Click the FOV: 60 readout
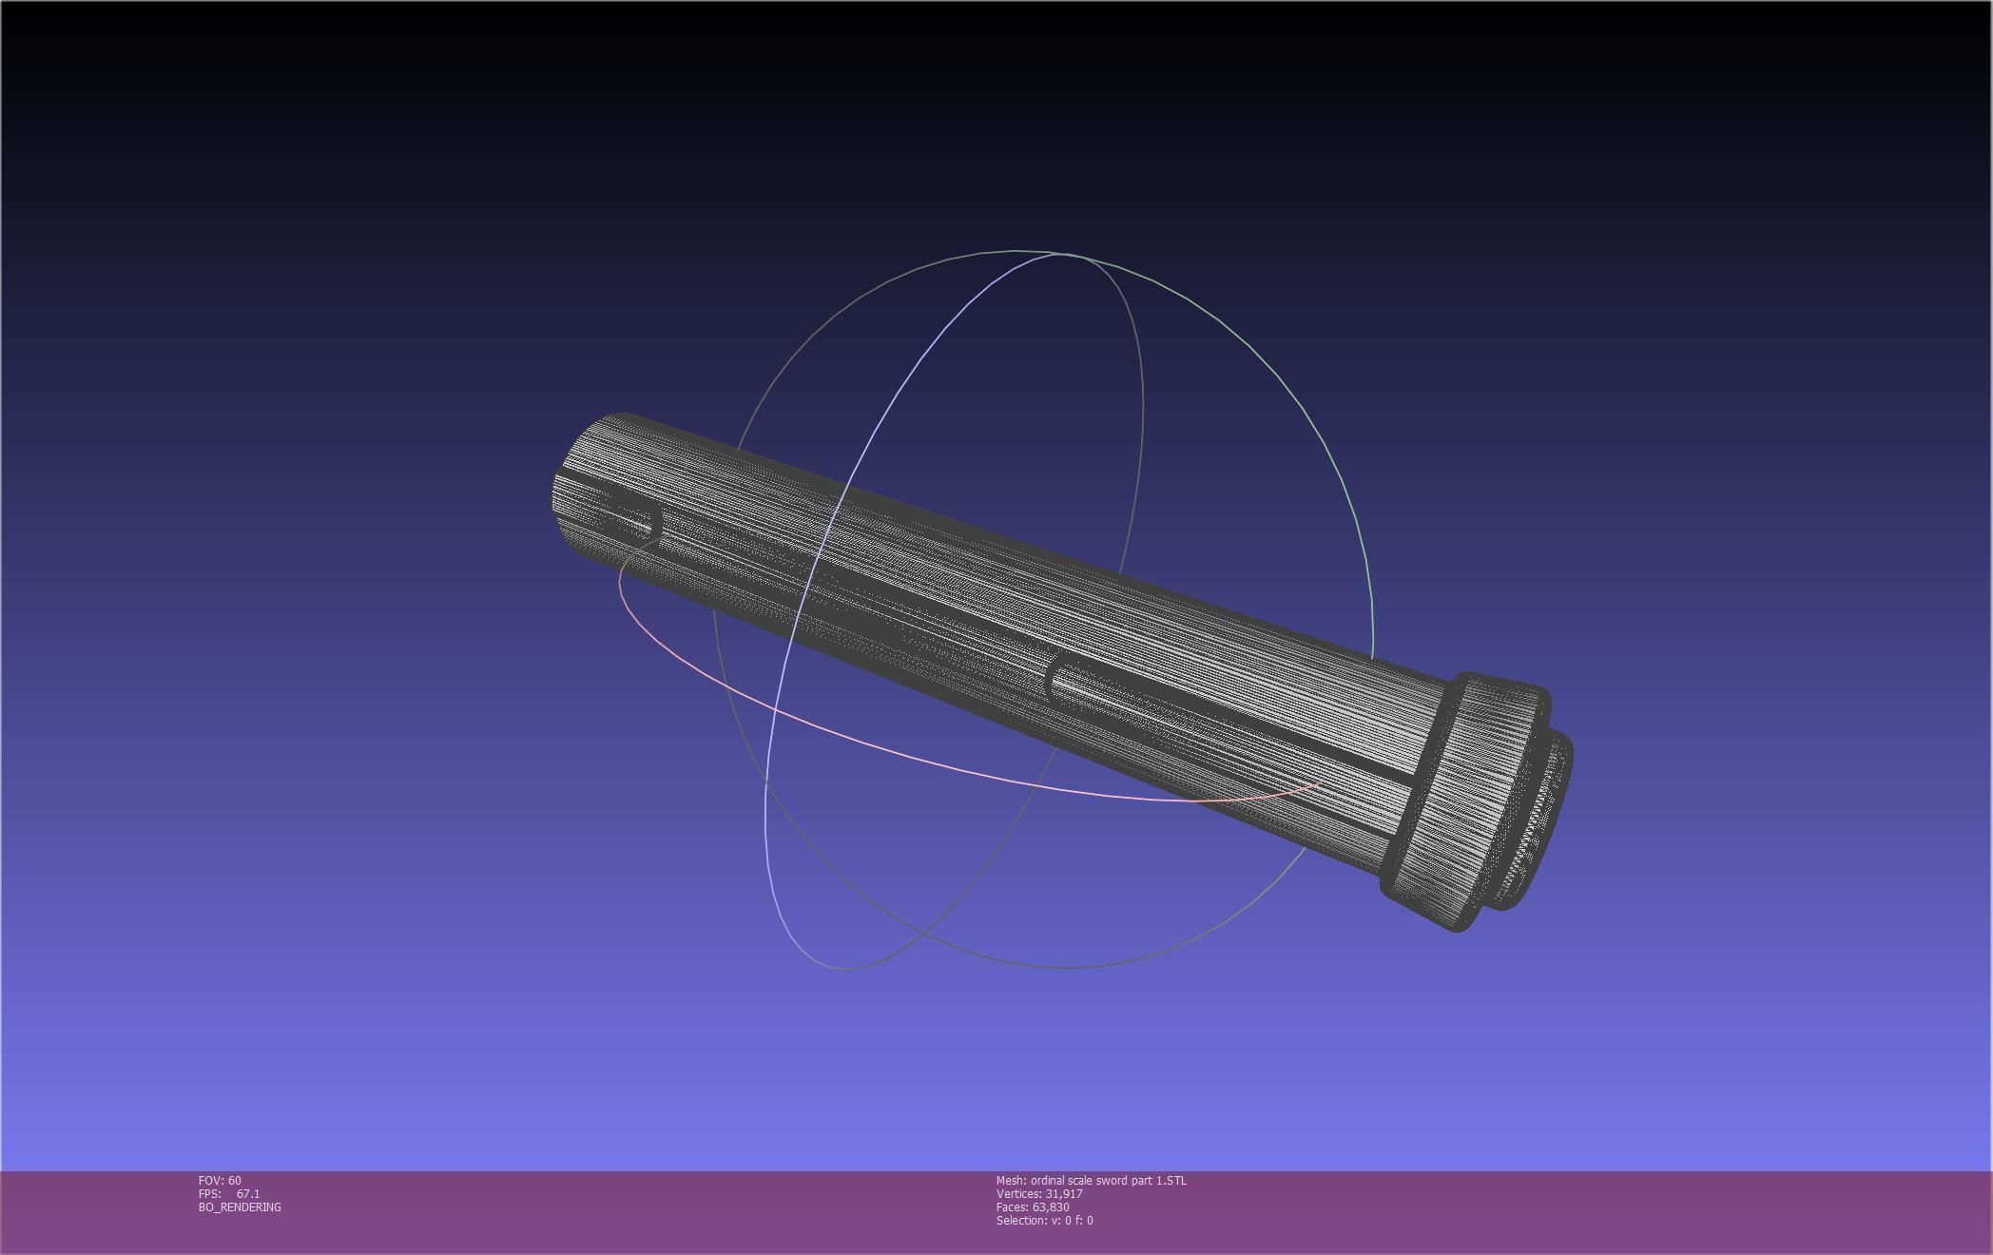click(x=220, y=1180)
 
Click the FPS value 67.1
click(x=247, y=1193)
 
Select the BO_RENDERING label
click(x=240, y=1207)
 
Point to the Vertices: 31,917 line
click(x=1039, y=1193)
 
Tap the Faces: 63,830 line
click(x=1033, y=1207)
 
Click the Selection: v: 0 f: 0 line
click(x=1044, y=1220)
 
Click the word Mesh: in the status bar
click(x=1011, y=1180)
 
